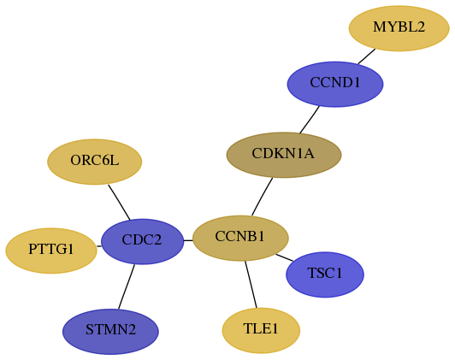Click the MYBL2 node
tap(399, 28)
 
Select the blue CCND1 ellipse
tap(335, 84)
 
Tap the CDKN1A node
tap(284, 155)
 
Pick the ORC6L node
tap(95, 162)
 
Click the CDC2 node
tap(143, 241)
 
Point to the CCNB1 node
tap(240, 239)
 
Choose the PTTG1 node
tap(51, 251)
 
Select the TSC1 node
tap(325, 274)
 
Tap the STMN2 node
tap(110, 332)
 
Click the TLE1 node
tap(261, 330)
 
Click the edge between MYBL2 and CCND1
tap(367, 56)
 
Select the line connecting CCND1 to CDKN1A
tap(310, 120)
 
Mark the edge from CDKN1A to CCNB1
tap(262, 197)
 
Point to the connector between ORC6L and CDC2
tap(119, 202)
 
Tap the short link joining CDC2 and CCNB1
tap(188, 240)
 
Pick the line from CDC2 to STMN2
tap(127, 286)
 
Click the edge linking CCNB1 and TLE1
tap(251, 284)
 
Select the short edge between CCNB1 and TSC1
tap(284, 257)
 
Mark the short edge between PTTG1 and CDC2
tap(99, 246)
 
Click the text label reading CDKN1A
tap(283, 153)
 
